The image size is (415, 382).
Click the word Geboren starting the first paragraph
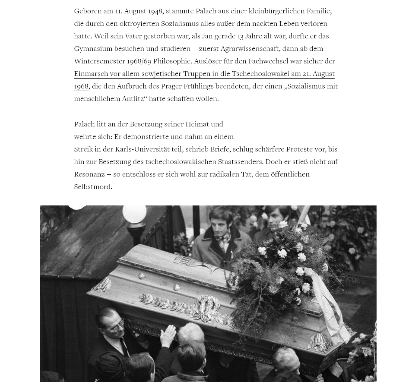click(88, 11)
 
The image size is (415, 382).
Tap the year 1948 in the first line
click(155, 11)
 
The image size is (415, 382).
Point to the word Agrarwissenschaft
click(250, 48)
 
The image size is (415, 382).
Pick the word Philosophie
click(172, 61)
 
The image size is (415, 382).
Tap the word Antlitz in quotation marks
click(133, 98)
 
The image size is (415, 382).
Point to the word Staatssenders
click(241, 161)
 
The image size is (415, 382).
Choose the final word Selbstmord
click(93, 186)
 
